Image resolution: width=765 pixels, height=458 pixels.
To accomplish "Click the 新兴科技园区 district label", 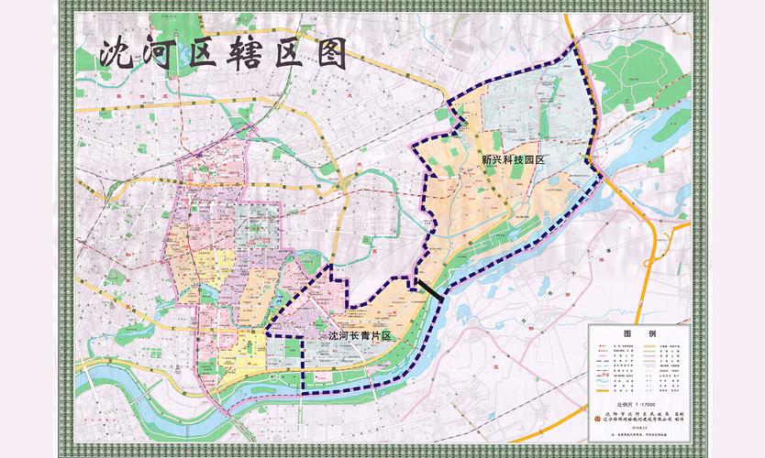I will (514, 159).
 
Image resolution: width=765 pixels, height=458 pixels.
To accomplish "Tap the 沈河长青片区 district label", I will (360, 337).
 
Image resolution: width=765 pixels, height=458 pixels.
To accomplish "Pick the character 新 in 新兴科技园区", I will (487, 159).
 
